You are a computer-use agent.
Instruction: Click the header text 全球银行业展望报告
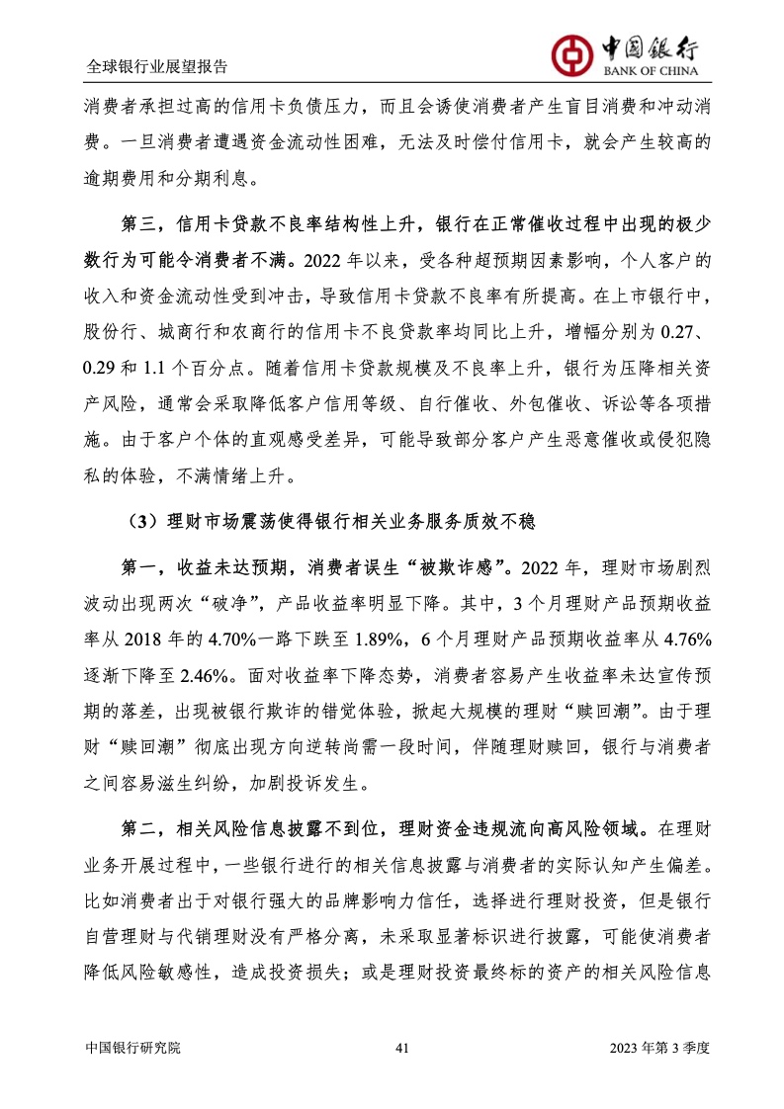click(157, 67)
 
